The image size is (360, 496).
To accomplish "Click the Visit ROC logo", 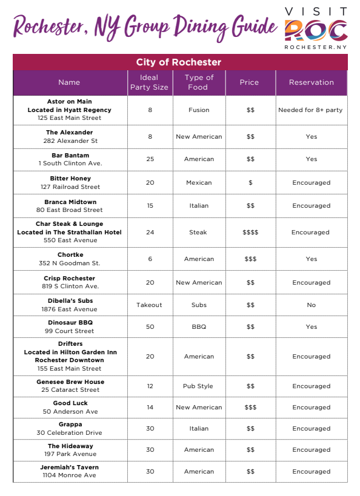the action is pyautogui.click(x=316, y=28).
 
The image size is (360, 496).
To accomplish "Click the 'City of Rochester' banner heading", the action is pyautogui.click(x=179, y=62).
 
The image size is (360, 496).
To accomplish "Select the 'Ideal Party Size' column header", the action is pyautogui.click(x=149, y=82).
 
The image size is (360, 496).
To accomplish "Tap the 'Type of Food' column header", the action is pyautogui.click(x=199, y=82).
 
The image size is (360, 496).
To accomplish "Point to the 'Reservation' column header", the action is pyautogui.click(x=311, y=82).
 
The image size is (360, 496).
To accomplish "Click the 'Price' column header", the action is pyautogui.click(x=249, y=82).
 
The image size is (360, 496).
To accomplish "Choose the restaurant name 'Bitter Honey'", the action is pyautogui.click(x=70, y=179).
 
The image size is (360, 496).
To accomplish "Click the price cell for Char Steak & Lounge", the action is pyautogui.click(x=250, y=233).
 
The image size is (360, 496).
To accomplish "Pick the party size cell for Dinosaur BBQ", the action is pyautogui.click(x=149, y=327).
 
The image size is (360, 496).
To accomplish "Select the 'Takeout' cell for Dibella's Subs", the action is pyautogui.click(x=149, y=305).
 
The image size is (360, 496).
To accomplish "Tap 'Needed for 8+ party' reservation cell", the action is pyautogui.click(x=310, y=110).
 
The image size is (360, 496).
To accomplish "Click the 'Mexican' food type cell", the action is pyautogui.click(x=199, y=183).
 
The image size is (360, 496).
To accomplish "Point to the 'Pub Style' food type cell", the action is pyautogui.click(x=198, y=386).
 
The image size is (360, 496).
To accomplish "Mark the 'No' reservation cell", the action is pyautogui.click(x=311, y=305).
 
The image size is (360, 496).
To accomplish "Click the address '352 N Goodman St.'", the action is pyautogui.click(x=70, y=263).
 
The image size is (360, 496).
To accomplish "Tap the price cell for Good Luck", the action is pyautogui.click(x=250, y=408).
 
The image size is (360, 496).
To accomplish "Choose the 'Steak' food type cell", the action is pyautogui.click(x=198, y=233).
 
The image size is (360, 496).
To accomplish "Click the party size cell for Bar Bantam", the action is pyautogui.click(x=149, y=159).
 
